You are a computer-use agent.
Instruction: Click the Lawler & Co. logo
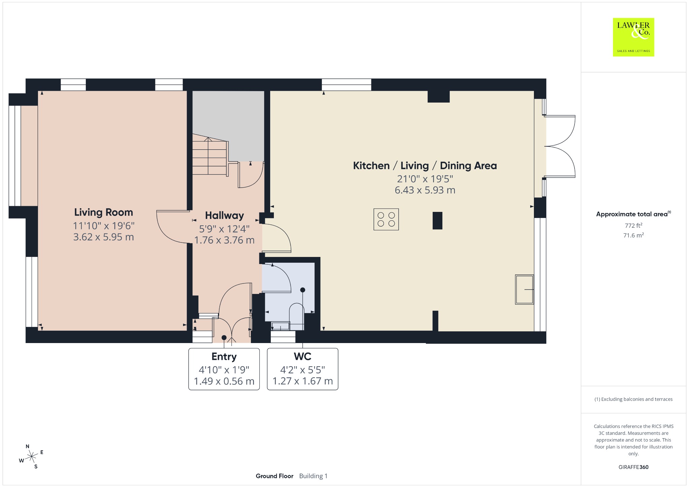(633, 37)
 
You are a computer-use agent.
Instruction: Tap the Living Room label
(104, 212)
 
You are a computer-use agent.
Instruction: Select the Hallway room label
(224, 215)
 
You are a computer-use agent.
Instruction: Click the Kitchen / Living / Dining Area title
(425, 165)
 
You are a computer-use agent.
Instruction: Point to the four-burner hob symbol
(386, 219)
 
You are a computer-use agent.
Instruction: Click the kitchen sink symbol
(524, 290)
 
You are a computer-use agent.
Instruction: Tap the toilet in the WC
(297, 316)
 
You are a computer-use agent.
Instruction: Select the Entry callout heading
(224, 357)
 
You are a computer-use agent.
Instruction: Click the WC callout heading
(302, 356)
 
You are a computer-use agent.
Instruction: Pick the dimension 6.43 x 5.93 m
(425, 190)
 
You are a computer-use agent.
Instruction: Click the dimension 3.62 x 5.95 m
(104, 237)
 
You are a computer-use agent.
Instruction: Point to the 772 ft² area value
(633, 225)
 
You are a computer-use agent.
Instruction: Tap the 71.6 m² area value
(633, 235)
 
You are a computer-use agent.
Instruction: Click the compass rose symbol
(31, 456)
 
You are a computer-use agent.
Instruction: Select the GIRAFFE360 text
(633, 467)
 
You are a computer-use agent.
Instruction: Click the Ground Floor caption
(275, 476)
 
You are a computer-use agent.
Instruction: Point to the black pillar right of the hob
(437, 220)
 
